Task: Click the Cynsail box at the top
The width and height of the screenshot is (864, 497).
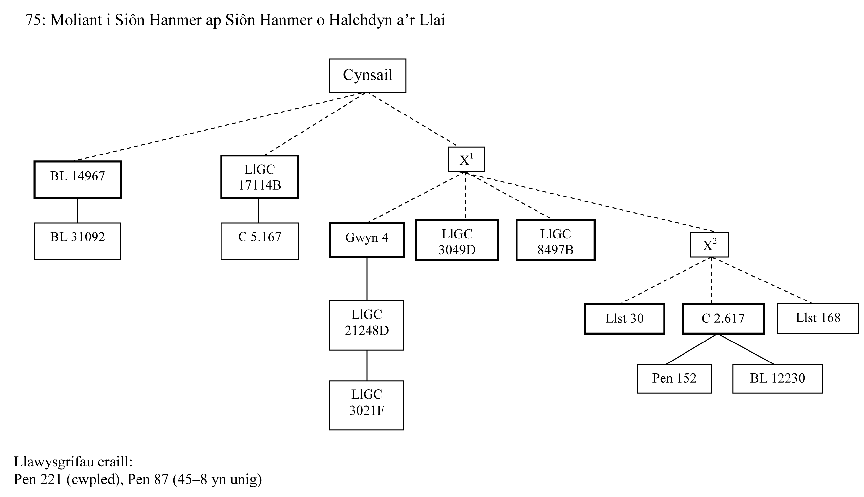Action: (x=367, y=75)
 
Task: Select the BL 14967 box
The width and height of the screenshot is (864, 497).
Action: (x=77, y=180)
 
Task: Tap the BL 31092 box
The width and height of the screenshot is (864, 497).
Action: (x=77, y=241)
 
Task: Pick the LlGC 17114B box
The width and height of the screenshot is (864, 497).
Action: (x=260, y=177)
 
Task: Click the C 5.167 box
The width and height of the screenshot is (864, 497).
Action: (x=260, y=241)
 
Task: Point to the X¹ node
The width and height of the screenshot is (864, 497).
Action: (x=466, y=159)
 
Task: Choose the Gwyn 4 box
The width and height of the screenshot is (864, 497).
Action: (x=367, y=239)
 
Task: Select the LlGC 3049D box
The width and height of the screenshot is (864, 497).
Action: (x=457, y=240)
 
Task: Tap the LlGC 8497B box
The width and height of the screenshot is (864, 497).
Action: (x=555, y=240)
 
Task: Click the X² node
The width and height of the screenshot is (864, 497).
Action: (x=709, y=244)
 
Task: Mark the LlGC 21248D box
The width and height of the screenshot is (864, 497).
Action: (x=367, y=325)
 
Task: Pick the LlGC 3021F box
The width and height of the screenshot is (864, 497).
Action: (x=367, y=405)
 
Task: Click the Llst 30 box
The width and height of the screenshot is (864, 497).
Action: (x=624, y=319)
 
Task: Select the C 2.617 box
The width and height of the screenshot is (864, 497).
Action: (x=723, y=319)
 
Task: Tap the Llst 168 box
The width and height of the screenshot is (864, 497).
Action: (x=818, y=319)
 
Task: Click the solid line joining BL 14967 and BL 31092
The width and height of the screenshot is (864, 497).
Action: (x=77, y=211)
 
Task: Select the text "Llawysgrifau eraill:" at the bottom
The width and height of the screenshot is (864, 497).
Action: (x=73, y=462)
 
